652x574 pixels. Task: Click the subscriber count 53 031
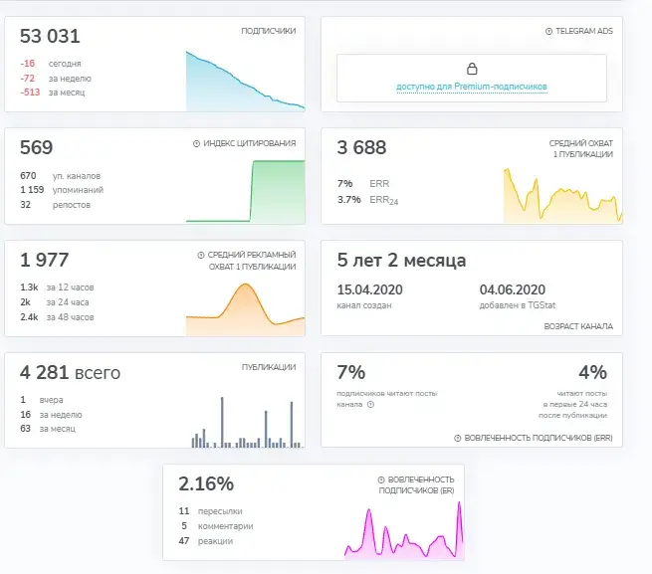click(50, 36)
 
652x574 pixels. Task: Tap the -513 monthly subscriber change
click(30, 92)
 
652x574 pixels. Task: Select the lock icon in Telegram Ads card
click(472, 69)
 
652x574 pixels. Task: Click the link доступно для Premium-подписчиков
click(472, 87)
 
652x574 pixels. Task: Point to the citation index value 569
click(37, 147)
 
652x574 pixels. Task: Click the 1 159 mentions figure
click(32, 190)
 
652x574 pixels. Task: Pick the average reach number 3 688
click(361, 147)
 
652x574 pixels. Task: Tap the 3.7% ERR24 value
click(348, 200)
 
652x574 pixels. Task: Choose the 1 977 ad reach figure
click(45, 261)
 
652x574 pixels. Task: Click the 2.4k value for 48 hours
click(29, 317)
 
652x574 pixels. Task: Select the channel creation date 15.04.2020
click(369, 289)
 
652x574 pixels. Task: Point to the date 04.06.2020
click(513, 289)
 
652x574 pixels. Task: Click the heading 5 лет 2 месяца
click(401, 261)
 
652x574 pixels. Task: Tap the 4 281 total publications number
click(44, 372)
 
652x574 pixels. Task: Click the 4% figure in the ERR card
click(592, 372)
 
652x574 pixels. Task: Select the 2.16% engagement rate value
click(206, 483)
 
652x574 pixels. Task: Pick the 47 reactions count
click(184, 541)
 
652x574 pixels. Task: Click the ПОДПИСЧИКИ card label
click(269, 31)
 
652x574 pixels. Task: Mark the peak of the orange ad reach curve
click(246, 284)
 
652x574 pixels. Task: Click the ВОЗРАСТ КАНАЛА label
click(578, 326)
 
